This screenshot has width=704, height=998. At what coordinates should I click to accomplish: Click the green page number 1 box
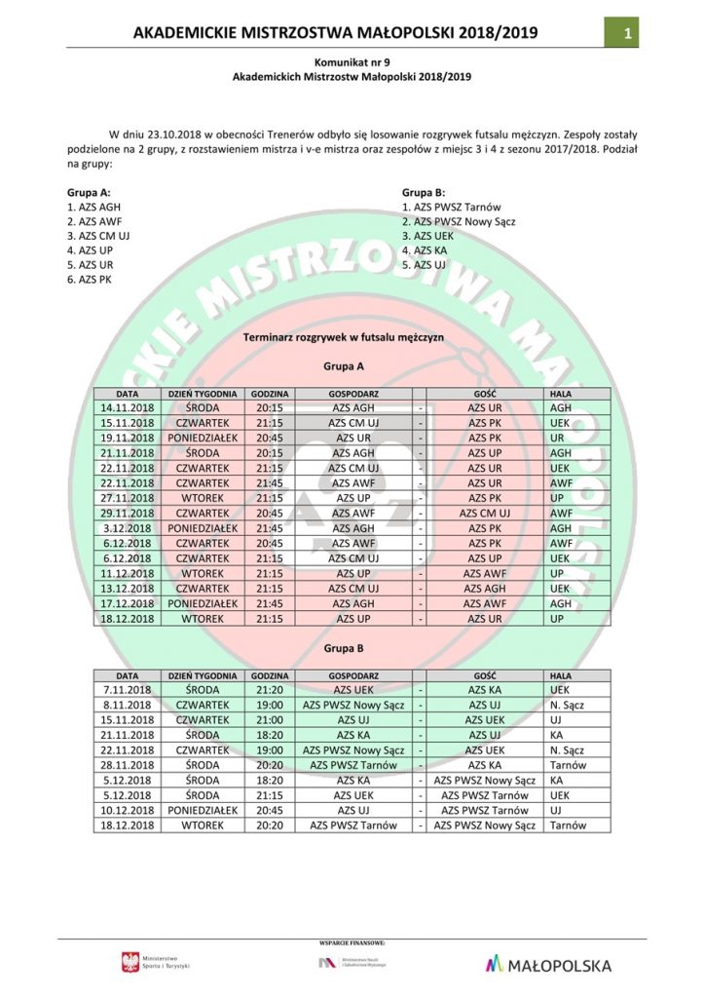point(630,33)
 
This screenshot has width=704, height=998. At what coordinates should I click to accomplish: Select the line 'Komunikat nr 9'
point(352,60)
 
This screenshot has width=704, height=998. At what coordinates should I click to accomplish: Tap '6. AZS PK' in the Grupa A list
point(87,280)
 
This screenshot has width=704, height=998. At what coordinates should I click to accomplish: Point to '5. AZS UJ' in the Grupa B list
point(424,265)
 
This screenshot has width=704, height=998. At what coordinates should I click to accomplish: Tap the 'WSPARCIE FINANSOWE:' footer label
point(352,943)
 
